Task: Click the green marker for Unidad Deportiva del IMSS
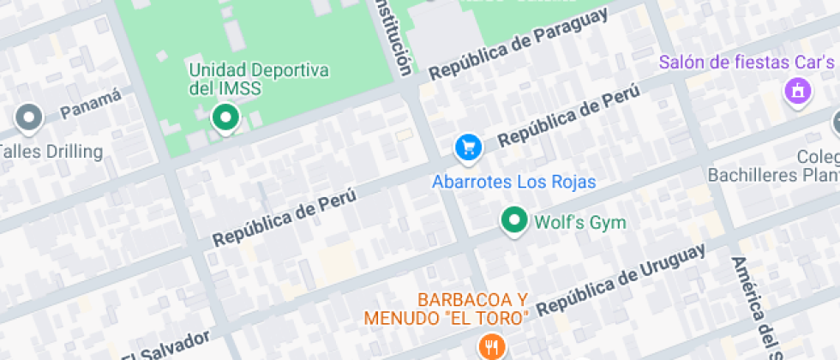point(225,117)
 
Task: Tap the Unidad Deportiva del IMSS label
point(247,79)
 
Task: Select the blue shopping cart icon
point(468,147)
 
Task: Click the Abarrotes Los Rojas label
point(513,182)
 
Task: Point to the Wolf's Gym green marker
point(513,221)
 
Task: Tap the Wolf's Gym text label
point(580,223)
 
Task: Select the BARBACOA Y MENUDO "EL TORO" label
point(447,309)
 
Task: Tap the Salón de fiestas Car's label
point(746,63)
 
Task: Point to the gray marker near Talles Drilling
point(30,118)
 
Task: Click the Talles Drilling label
point(51,153)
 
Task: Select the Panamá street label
point(91,106)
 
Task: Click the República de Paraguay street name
point(519,44)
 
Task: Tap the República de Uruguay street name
point(621,278)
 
